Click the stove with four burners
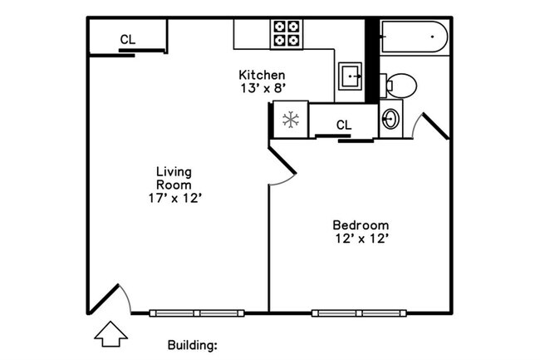coord(287,33)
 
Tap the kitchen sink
coord(352,77)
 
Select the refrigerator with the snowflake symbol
coord(291,119)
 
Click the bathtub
coord(415,37)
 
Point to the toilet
coord(400,85)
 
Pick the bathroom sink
coord(390,120)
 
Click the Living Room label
coord(174,178)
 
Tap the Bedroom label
coord(361,224)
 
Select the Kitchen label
coord(262,75)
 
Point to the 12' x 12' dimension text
coord(361,239)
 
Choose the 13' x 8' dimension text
coord(262,88)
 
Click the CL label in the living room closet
coord(127,39)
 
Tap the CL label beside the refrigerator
coord(344,126)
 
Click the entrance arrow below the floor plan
coord(110,334)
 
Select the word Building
coord(192,343)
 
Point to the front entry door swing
coord(113,298)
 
